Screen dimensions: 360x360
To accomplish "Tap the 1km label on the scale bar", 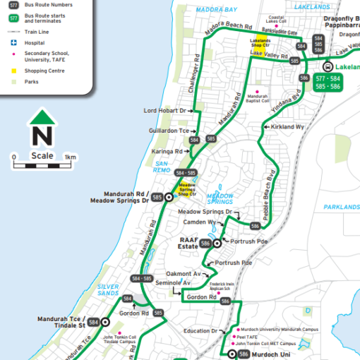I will pos(70,157).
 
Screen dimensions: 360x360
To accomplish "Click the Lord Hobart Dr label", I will pos(164,111).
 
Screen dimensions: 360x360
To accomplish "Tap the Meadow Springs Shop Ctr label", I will pos(187,189).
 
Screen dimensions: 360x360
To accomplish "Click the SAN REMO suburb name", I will pos(162,167).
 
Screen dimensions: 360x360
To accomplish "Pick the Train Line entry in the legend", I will pos(42,31).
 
